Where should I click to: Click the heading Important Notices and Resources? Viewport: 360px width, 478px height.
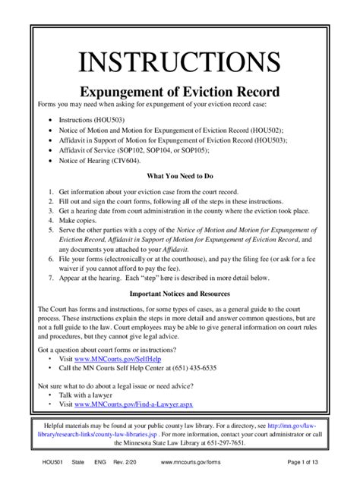tap(179, 293)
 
